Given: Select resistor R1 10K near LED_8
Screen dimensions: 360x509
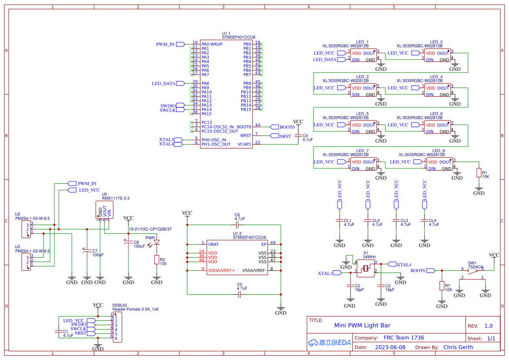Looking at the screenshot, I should [x=479, y=173].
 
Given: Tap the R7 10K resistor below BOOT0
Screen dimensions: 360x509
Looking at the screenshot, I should [x=442, y=286].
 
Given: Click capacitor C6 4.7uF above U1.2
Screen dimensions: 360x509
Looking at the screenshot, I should [x=237, y=225].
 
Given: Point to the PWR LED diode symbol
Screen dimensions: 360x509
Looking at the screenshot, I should [x=157, y=242].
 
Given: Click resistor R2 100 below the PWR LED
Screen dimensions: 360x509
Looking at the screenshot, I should [x=156, y=260].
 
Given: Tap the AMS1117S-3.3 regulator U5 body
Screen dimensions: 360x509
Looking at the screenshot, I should [x=105, y=209].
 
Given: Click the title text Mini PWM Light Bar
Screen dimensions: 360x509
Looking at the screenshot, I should [x=362, y=325].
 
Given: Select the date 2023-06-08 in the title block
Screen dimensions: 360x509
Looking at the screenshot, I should [x=390, y=347].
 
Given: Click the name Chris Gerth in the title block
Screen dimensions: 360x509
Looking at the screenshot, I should [x=458, y=347].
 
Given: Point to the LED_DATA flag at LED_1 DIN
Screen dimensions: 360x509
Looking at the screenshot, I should [x=327, y=59].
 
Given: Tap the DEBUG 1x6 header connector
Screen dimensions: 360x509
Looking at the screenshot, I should [x=117, y=326].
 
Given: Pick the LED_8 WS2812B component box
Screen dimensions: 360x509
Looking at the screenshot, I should [x=439, y=164].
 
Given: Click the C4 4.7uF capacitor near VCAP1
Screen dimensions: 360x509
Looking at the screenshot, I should [x=298, y=135].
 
